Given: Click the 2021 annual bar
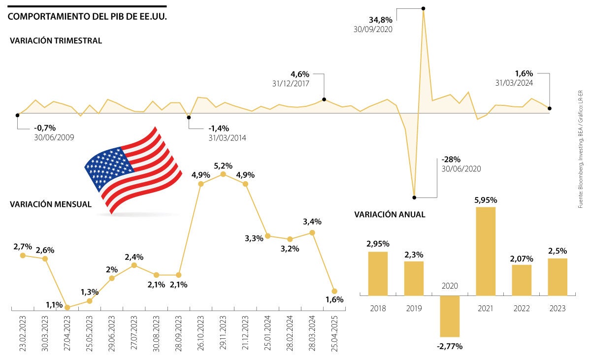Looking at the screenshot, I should pyautogui.click(x=486, y=251).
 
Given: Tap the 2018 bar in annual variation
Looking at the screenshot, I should pyautogui.click(x=378, y=273).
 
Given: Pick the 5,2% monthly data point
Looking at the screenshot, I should pyautogui.click(x=223, y=174).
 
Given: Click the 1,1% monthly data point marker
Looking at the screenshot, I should pyautogui.click(x=67, y=308).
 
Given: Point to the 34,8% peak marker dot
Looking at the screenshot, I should pyautogui.click(x=424, y=8).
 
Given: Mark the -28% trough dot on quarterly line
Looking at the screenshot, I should pyautogui.click(x=414, y=197).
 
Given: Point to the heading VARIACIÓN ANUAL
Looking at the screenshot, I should pyautogui.click(x=390, y=214).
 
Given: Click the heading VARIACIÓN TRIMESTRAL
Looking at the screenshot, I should pyautogui.click(x=56, y=41).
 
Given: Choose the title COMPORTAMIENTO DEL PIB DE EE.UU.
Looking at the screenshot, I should pyautogui.click(x=88, y=17).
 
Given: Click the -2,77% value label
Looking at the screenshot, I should pyautogui.click(x=449, y=346).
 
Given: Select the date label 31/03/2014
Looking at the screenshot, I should pyautogui.click(x=227, y=138).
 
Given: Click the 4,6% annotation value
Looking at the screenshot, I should pyautogui.click(x=300, y=74).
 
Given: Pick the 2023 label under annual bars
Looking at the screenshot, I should pyautogui.click(x=558, y=308).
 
